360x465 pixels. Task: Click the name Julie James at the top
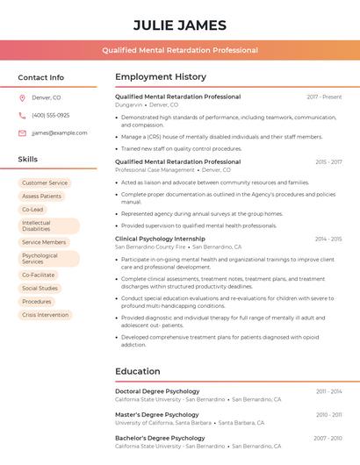point(180,25)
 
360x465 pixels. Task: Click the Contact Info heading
point(41,77)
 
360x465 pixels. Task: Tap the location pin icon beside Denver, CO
point(22,97)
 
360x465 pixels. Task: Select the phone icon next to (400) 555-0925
point(22,115)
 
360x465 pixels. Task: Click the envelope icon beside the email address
point(22,133)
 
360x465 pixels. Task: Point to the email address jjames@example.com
point(59,133)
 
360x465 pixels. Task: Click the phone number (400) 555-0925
point(50,115)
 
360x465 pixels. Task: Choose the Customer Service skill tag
point(45,183)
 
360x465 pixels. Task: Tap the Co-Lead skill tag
point(32,210)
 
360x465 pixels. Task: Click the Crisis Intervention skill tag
point(45,315)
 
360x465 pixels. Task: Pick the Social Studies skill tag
point(40,288)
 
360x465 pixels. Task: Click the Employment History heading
point(161,77)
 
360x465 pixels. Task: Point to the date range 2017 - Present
point(324,97)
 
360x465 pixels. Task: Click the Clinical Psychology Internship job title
point(160,239)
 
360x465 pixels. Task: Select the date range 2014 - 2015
point(328,239)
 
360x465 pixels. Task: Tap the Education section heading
point(138,371)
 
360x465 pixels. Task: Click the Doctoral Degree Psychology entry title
point(157,391)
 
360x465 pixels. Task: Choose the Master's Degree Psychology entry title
point(157,414)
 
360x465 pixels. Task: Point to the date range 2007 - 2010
point(328,438)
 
